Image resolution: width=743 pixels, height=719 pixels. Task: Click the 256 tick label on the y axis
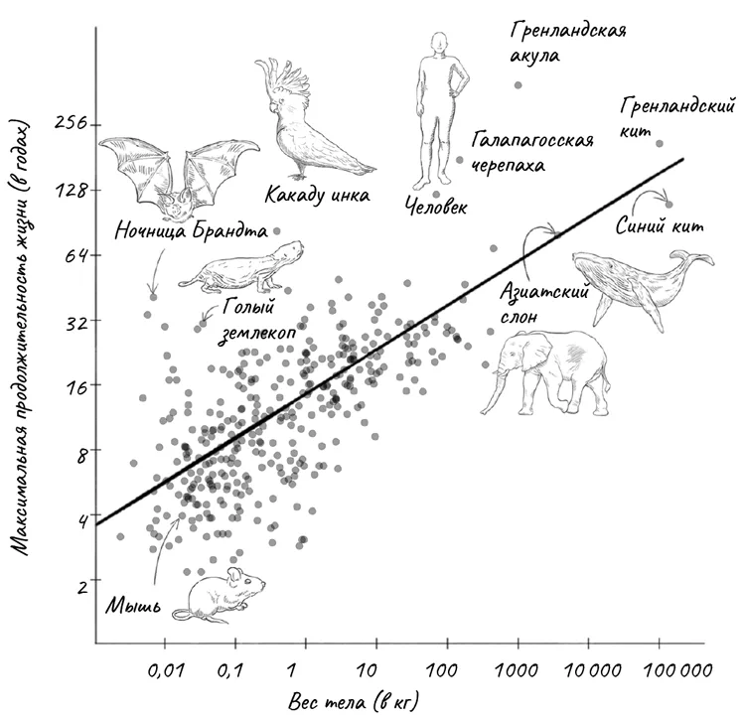coord(71,123)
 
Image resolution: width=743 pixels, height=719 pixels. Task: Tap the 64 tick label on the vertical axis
coord(75,255)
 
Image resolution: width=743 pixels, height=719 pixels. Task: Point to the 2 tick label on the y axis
coord(82,587)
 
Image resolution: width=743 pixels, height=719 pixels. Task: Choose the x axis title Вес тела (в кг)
coord(353,701)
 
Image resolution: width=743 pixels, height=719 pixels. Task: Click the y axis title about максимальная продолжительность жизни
coord(19,338)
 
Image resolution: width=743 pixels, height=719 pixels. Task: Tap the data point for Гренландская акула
coord(518,85)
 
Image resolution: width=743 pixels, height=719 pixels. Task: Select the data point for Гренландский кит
coord(660,144)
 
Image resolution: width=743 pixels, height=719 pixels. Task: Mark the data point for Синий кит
coord(669,205)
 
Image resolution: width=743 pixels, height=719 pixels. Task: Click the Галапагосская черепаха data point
coord(459,160)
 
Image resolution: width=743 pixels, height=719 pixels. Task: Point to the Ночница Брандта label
coord(191,231)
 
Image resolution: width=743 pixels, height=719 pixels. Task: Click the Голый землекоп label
coord(256,321)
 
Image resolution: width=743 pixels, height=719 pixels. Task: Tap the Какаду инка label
coord(317,195)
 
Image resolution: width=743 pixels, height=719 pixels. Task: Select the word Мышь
coord(133,606)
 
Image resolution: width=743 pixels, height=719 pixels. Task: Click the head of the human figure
coord(439,43)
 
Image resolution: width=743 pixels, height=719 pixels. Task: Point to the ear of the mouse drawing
coord(234,575)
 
